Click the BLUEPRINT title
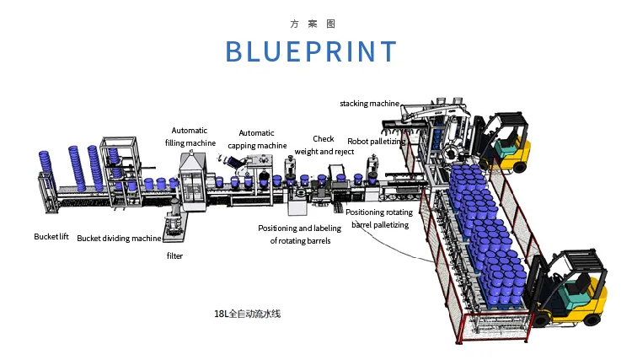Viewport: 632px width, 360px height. point(311,52)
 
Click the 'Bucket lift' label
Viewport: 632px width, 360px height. point(51,237)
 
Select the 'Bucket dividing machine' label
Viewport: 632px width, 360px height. point(119,239)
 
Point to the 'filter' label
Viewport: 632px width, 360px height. point(174,255)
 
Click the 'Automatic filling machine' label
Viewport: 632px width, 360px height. point(190,137)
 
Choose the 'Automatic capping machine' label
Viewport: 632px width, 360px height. point(257,139)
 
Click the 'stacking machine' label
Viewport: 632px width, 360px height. point(369,104)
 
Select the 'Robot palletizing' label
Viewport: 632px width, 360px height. point(377,142)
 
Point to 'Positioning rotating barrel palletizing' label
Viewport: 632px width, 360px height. point(378,218)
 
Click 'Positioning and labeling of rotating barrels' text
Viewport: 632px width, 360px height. point(300,234)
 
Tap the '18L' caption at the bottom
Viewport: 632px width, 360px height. point(248,314)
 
